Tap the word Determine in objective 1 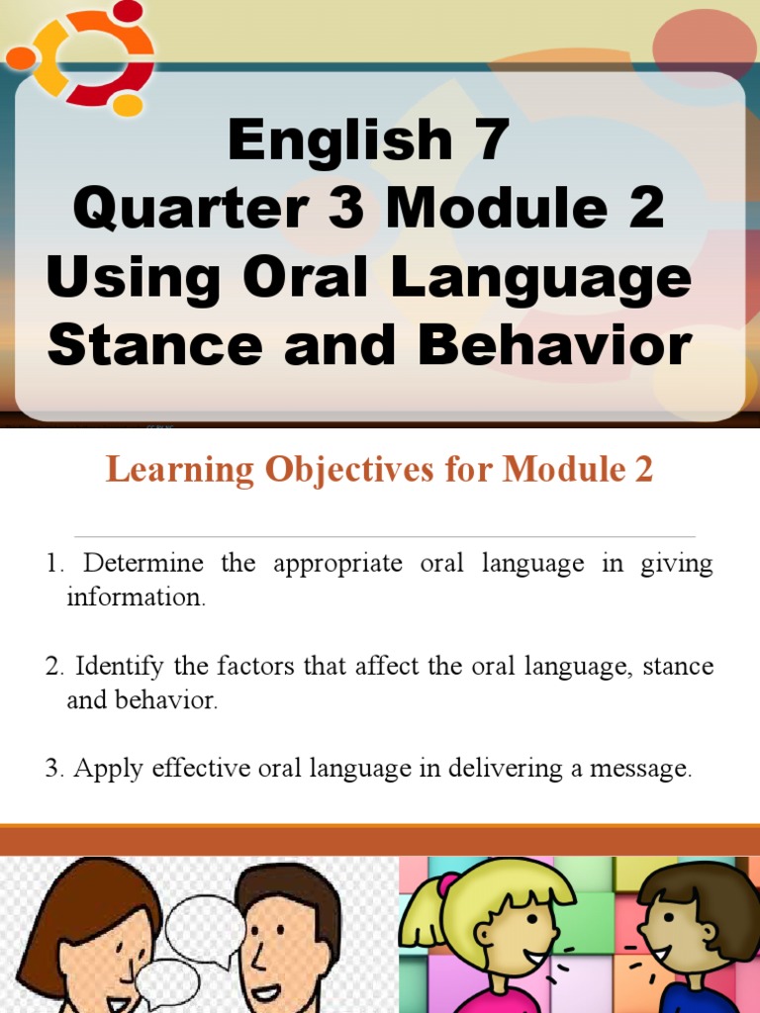[142, 564]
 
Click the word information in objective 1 [136, 598]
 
